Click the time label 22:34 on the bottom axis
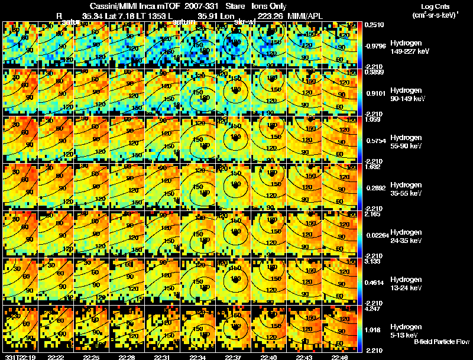tap(198, 357)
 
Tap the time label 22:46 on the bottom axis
tap(339, 357)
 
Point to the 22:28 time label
tap(127, 357)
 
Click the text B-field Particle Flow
tap(441, 342)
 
